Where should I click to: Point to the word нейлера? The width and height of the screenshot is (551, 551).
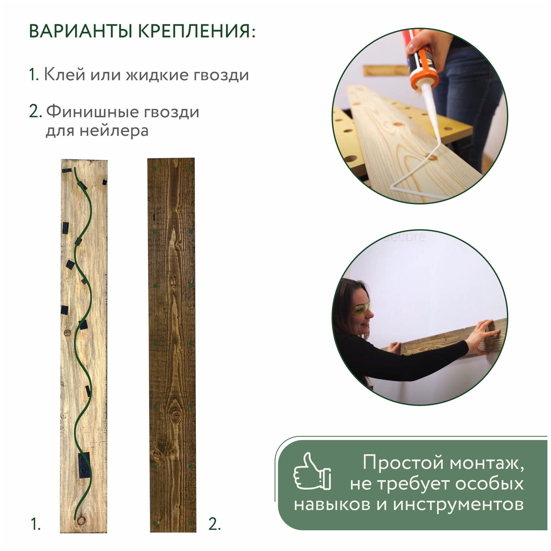114,131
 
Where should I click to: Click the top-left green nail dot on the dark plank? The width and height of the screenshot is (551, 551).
155,169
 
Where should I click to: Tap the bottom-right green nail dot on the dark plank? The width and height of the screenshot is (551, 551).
191,523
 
